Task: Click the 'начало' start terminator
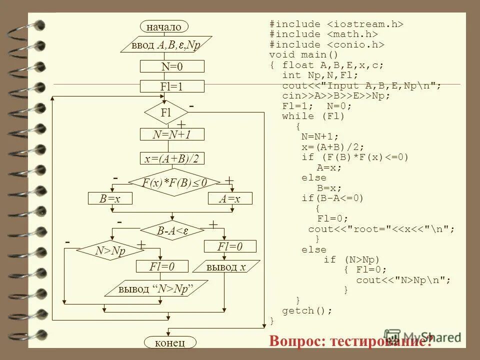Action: (164, 26)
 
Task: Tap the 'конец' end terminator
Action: (170, 342)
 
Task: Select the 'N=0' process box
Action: (172, 66)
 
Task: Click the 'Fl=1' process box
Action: (172, 86)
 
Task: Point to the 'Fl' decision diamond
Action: (166, 112)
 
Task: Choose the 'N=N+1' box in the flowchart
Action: (172, 134)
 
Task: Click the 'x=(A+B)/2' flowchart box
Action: (172, 158)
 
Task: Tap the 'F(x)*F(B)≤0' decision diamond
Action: (174, 182)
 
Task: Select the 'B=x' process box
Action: (110, 198)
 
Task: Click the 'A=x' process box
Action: (230, 198)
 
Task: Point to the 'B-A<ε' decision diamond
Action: (172, 230)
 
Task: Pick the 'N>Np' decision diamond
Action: (110, 250)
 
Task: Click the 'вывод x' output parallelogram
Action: (226, 267)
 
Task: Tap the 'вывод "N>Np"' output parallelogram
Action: (156, 288)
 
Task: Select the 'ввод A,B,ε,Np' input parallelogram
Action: (166, 44)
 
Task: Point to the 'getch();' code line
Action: (307, 310)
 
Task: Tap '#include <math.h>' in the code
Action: (323, 34)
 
